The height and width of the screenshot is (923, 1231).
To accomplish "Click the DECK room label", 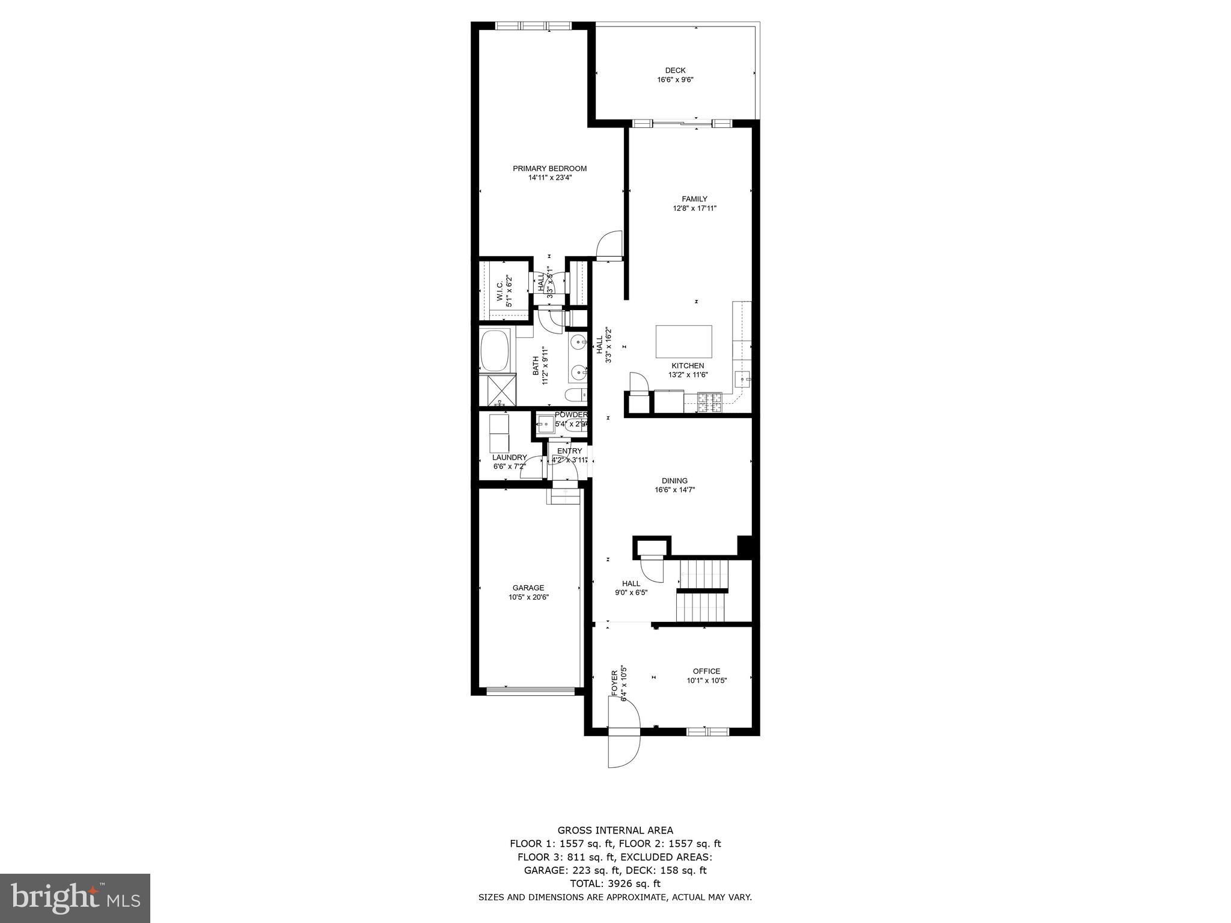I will [x=675, y=70].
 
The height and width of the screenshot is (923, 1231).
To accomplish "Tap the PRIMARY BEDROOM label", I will [x=549, y=168].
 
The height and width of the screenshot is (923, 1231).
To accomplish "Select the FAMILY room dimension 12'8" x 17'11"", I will [x=694, y=209].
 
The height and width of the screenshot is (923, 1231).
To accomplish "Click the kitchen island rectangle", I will [x=683, y=341].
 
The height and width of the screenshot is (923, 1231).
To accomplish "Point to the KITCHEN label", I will [x=688, y=365].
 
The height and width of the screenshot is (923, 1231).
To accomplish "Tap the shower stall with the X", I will [x=498, y=391].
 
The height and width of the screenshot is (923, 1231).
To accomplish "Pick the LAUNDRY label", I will [x=509, y=457].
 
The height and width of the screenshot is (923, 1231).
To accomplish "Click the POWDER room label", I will [x=570, y=415].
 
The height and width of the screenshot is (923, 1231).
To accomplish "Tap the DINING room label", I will [x=674, y=481].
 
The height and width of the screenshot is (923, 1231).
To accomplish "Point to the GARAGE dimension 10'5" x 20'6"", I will [x=528, y=597].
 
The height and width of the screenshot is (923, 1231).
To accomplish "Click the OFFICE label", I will [x=706, y=671].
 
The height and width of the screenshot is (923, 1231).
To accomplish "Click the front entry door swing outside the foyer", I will [x=623, y=749].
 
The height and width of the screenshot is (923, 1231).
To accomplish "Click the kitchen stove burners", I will [x=709, y=402].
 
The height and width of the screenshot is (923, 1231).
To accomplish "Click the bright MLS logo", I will [x=75, y=898].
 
